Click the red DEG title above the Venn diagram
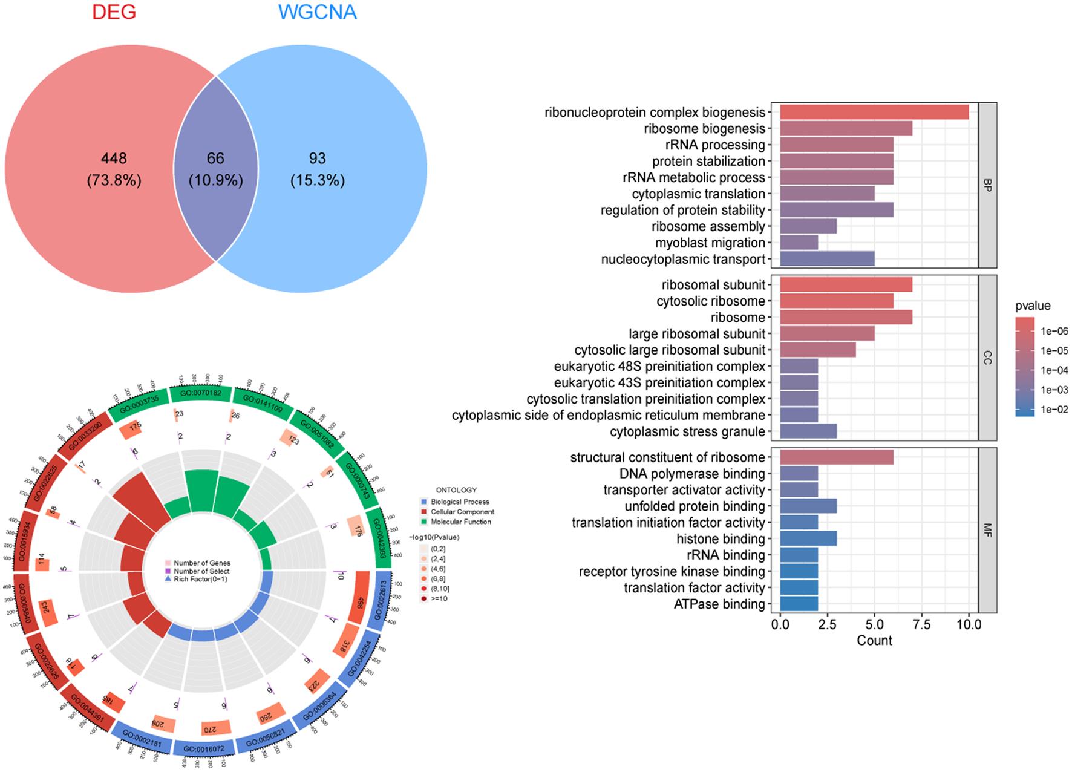pyautogui.click(x=114, y=11)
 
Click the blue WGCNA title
pyautogui.click(x=318, y=11)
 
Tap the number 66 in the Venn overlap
pyautogui.click(x=215, y=159)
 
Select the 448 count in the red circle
pyautogui.click(x=114, y=159)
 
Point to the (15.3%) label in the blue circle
pyautogui.click(x=317, y=180)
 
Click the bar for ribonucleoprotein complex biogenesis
pyautogui.click(x=874, y=113)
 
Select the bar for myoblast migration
pyautogui.click(x=799, y=243)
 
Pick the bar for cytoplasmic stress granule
pyautogui.click(x=808, y=432)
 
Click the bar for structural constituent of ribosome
pyautogui.click(x=837, y=458)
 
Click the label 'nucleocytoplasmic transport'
pyautogui.click(x=683, y=260)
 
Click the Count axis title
pyautogui.click(x=874, y=641)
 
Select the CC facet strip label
pyautogui.click(x=987, y=358)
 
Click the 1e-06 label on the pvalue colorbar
pyautogui.click(x=1054, y=332)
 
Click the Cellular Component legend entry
pyautogui.click(x=462, y=512)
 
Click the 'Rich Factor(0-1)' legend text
pyautogui.click(x=200, y=579)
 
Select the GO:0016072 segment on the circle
pyautogui.click(x=204, y=748)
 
